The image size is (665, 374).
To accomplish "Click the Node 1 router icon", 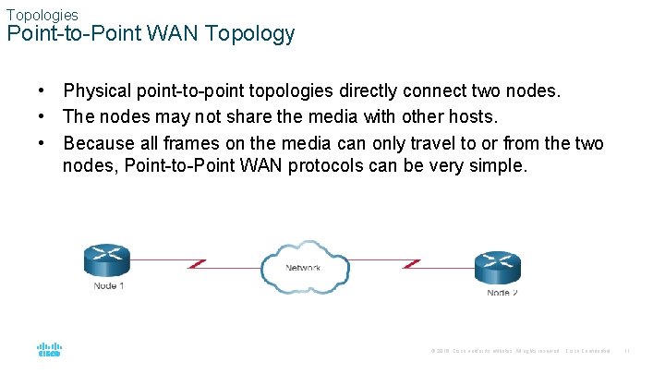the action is tap(106, 259).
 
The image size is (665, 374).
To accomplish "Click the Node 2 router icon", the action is tap(499, 268).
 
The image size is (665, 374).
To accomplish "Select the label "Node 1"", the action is tap(109, 286).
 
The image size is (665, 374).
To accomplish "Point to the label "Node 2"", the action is tap(502, 293).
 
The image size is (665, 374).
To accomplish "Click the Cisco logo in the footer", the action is tap(49, 350).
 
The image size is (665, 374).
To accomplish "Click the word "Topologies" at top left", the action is tap(42, 15).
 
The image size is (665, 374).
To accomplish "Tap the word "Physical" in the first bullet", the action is tap(97, 92).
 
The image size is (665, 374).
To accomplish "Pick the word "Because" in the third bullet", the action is tap(99, 143).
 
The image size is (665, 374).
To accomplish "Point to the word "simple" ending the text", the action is tap(500, 166).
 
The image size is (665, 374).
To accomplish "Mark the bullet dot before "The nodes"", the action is tap(42, 117).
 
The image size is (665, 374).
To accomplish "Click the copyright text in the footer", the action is tap(494, 351).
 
